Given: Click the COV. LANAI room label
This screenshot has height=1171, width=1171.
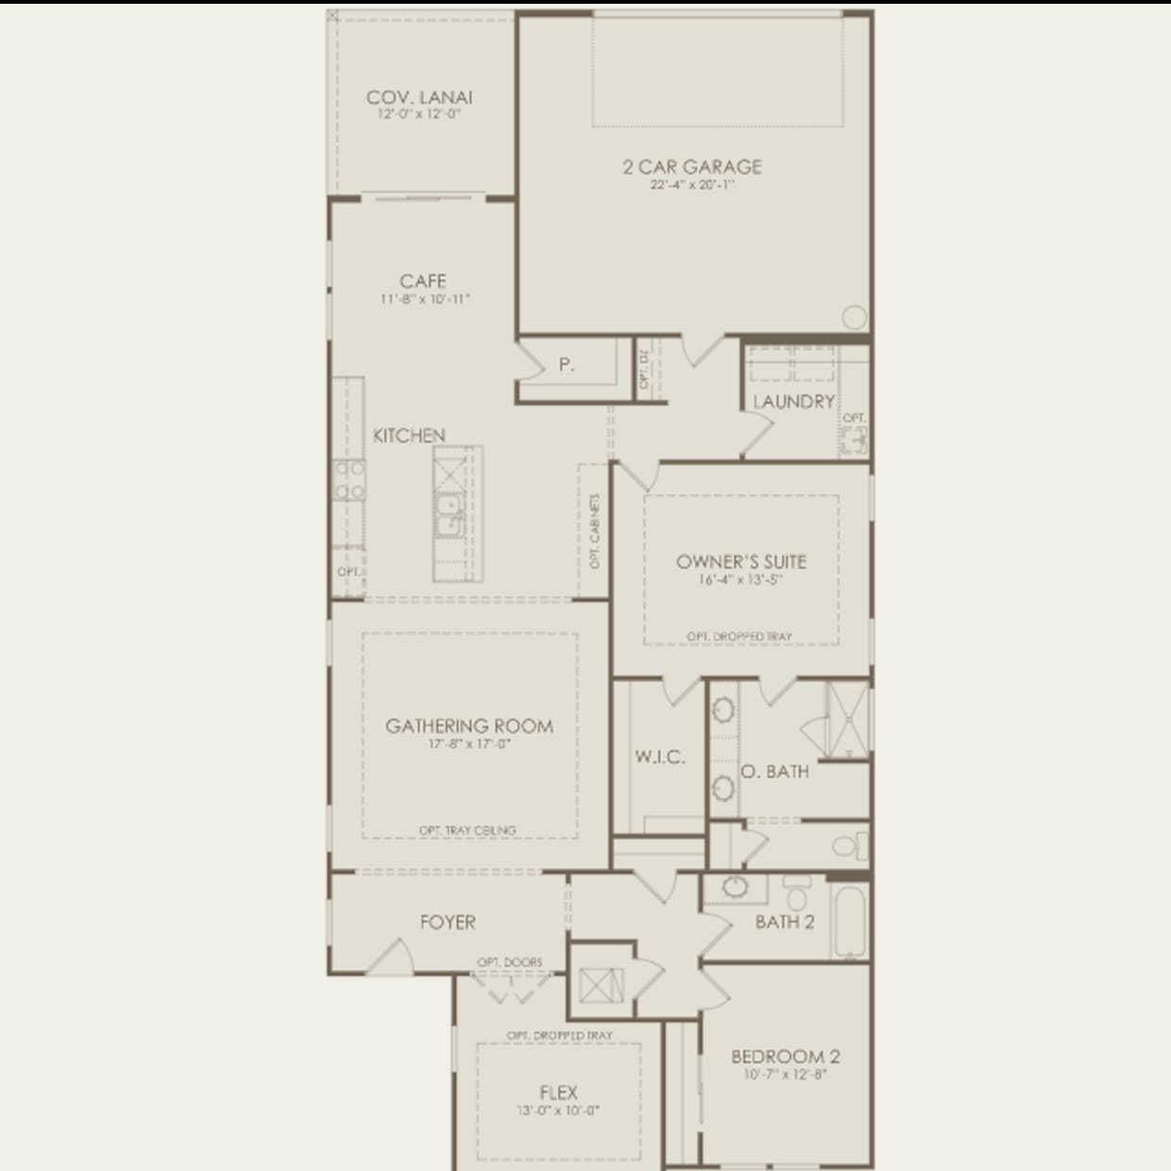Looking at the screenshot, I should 419,97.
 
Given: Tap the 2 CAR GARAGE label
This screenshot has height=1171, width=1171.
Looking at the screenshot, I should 692,167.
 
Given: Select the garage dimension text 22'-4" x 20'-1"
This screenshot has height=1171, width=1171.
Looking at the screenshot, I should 692,185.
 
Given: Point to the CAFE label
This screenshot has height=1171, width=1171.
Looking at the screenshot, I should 423,281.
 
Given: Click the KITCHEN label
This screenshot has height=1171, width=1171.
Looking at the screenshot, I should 409,435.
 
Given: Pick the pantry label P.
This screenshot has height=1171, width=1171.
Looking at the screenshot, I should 567,365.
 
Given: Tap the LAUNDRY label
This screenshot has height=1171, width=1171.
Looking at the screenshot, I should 793,401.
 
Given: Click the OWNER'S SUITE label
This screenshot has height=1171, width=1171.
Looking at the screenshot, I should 741,562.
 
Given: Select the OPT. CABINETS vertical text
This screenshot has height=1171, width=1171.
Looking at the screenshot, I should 595,531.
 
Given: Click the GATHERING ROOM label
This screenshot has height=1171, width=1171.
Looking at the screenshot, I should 469,726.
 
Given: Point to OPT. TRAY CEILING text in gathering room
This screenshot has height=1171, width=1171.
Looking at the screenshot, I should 467,830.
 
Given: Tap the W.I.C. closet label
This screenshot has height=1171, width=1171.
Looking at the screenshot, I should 659,756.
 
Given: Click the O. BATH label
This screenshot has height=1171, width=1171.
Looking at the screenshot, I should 774,772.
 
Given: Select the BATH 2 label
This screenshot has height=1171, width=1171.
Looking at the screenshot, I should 784,922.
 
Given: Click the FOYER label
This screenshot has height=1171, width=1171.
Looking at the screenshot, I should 448,922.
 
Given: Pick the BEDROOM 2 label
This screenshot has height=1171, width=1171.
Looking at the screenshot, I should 786,1057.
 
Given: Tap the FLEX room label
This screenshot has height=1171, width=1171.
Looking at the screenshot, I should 558,1093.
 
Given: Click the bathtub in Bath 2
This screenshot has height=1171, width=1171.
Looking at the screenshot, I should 848,919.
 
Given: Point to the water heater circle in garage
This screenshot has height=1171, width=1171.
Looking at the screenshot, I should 854,317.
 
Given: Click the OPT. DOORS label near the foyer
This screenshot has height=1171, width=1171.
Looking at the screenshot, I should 510,962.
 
